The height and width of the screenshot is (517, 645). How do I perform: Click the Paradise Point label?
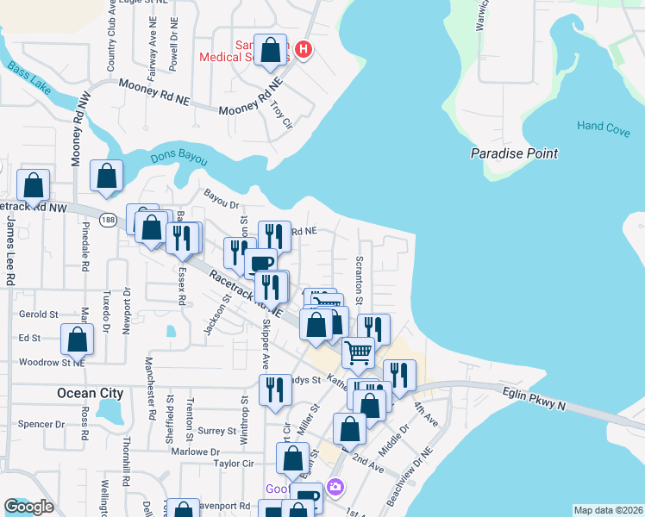(x=514, y=153)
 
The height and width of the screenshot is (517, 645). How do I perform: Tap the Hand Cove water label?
(x=604, y=126)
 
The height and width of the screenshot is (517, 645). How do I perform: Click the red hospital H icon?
(x=303, y=50)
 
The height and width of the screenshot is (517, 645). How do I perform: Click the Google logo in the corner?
(x=28, y=507)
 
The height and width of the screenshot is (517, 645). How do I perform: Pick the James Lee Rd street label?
(x=10, y=251)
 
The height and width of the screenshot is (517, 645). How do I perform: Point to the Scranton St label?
(x=359, y=278)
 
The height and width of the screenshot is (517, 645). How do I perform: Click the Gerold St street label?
(x=38, y=315)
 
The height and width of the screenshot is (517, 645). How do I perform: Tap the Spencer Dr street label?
(x=41, y=424)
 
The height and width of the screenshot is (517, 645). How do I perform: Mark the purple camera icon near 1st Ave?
(x=335, y=488)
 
